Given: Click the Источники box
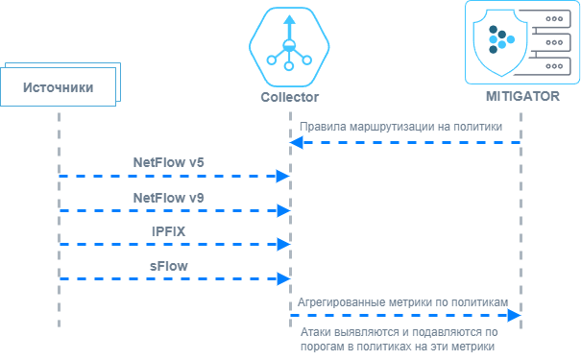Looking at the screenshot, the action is click(59, 86).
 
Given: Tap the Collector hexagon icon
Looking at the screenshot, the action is click(289, 47).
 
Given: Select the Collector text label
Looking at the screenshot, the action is click(289, 97).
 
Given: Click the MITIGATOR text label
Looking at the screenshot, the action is click(522, 96).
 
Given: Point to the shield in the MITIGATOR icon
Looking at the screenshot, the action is click(500, 42).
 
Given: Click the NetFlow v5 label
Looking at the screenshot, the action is click(169, 162).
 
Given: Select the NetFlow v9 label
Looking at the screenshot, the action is click(169, 198).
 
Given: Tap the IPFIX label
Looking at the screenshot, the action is click(169, 231).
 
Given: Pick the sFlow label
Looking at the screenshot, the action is click(169, 266).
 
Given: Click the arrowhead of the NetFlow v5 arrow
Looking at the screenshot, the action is click(283, 176).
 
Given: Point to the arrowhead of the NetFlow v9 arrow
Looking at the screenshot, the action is click(284, 210).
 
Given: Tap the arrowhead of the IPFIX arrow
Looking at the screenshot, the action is click(284, 245).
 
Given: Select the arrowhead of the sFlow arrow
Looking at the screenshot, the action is click(284, 279).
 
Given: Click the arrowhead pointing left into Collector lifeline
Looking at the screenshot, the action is click(297, 143).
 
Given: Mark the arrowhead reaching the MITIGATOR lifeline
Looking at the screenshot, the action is click(515, 315).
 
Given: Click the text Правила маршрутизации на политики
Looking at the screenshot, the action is click(400, 127).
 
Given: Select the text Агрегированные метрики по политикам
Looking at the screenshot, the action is click(402, 302).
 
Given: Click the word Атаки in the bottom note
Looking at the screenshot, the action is click(316, 332).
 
